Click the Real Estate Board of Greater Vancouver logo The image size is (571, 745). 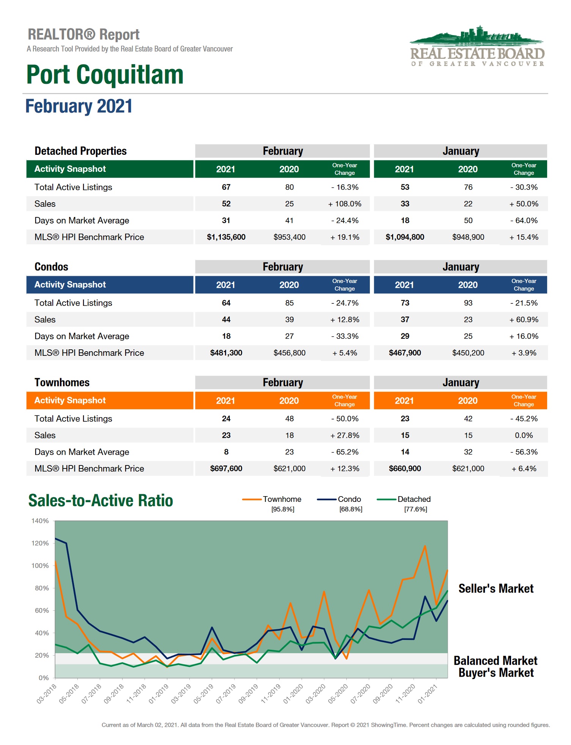pos(477,47)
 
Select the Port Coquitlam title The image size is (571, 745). pos(105,75)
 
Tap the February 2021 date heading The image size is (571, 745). pos(79,106)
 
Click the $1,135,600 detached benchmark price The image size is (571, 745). pos(226,237)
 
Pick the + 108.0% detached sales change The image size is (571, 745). pos(344,204)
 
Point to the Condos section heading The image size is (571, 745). pos(51,267)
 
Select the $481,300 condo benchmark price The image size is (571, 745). pos(226,353)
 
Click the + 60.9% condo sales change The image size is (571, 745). pos(524,320)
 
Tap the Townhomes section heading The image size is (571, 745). pos(62,383)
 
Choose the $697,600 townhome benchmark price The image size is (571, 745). pos(226,469)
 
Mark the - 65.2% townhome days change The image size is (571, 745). pos(344,452)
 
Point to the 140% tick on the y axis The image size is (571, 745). pos(40,521)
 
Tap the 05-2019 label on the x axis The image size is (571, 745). pos(204,693)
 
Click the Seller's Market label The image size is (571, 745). pos(495,589)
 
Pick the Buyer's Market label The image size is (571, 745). pos(496,673)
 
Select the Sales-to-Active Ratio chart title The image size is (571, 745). pos(101,501)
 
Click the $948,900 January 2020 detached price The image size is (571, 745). pos(468,237)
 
